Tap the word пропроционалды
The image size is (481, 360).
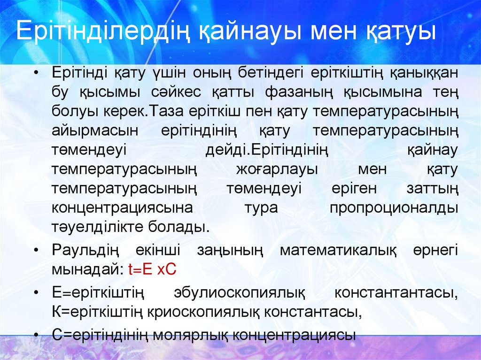pos(394,207)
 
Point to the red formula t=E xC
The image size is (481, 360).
pos(151,269)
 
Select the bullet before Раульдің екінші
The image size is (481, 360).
pos(37,251)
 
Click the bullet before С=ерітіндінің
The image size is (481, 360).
pos(37,335)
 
